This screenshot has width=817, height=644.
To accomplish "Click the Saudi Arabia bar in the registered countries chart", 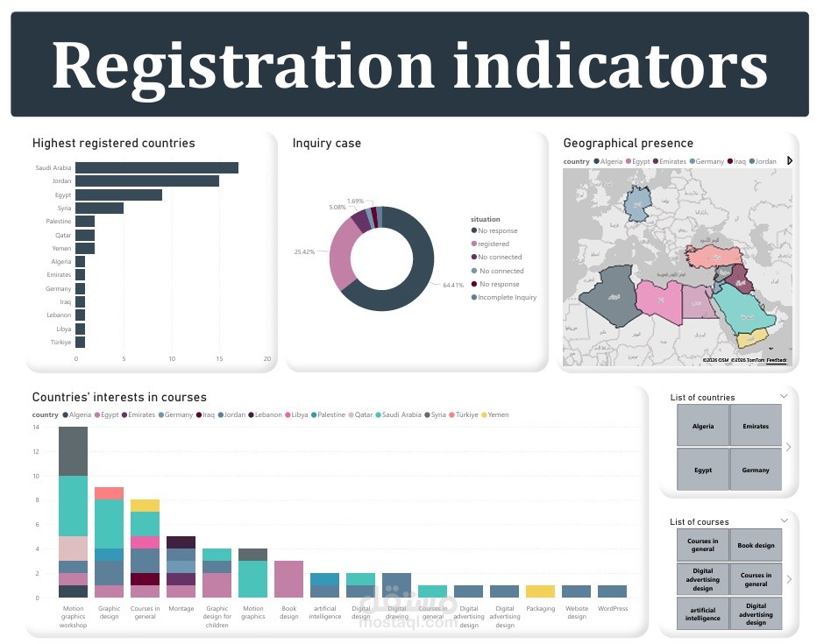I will click(156, 167).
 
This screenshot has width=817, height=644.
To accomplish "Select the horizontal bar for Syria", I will click(99, 208).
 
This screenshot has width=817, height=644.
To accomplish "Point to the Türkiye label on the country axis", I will click(60, 343).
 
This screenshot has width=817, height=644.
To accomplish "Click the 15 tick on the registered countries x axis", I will click(219, 359).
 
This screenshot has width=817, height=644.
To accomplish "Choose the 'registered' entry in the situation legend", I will click(494, 244).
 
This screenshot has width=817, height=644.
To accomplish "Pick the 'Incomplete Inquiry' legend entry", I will click(507, 298).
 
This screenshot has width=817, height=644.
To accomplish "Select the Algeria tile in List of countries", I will click(702, 427).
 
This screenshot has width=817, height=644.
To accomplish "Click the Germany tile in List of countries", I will click(755, 470).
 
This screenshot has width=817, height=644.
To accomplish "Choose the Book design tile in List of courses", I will click(755, 545).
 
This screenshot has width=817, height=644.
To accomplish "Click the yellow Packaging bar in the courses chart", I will click(540, 591).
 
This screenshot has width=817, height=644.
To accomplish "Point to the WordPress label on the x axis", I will click(612, 608).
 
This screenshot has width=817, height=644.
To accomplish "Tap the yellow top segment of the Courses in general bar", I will click(146, 506).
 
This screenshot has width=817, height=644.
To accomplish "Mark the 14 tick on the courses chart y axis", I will click(36, 428).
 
